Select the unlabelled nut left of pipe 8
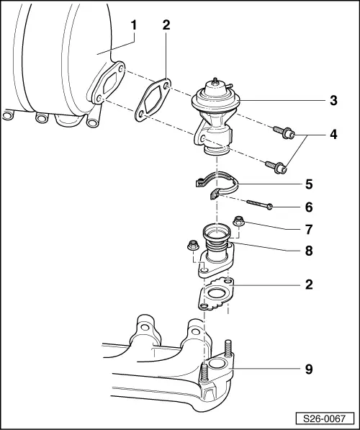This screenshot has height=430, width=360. click(193, 245)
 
